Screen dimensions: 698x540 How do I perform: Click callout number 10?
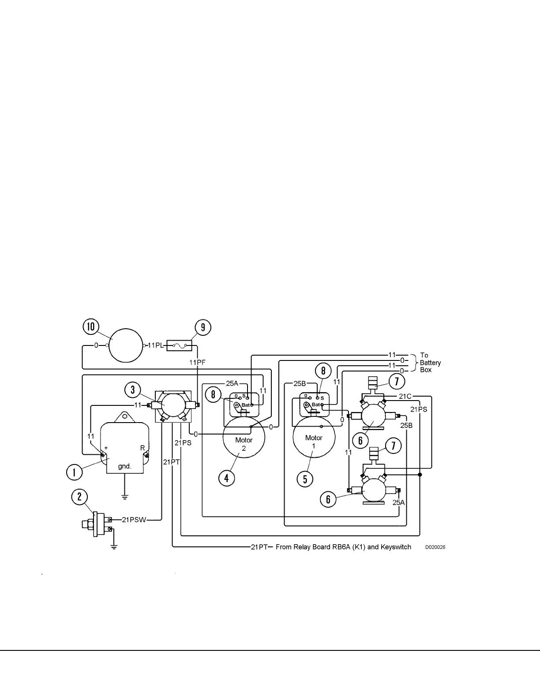(x=91, y=327)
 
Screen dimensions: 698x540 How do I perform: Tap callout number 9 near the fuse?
(x=203, y=327)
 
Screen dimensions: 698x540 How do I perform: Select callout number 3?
(x=133, y=390)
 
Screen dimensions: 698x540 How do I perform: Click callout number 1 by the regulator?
(x=74, y=472)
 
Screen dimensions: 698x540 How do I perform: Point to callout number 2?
(x=79, y=497)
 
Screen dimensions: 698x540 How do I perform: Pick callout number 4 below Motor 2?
(x=227, y=478)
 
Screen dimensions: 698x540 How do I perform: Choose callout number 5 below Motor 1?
(x=305, y=479)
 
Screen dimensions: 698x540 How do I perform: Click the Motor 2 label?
(x=244, y=444)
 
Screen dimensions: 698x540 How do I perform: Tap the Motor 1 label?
(x=314, y=442)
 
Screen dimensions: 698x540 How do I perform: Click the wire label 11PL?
(x=155, y=345)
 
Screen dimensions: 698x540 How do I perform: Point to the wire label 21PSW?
(x=134, y=520)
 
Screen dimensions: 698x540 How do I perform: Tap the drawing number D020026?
(x=435, y=547)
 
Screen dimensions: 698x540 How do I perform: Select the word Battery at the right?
(x=430, y=363)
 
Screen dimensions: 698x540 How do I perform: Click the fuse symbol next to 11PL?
(x=179, y=345)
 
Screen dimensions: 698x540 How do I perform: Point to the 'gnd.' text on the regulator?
(x=124, y=466)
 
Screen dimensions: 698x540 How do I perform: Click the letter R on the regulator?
(x=142, y=448)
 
